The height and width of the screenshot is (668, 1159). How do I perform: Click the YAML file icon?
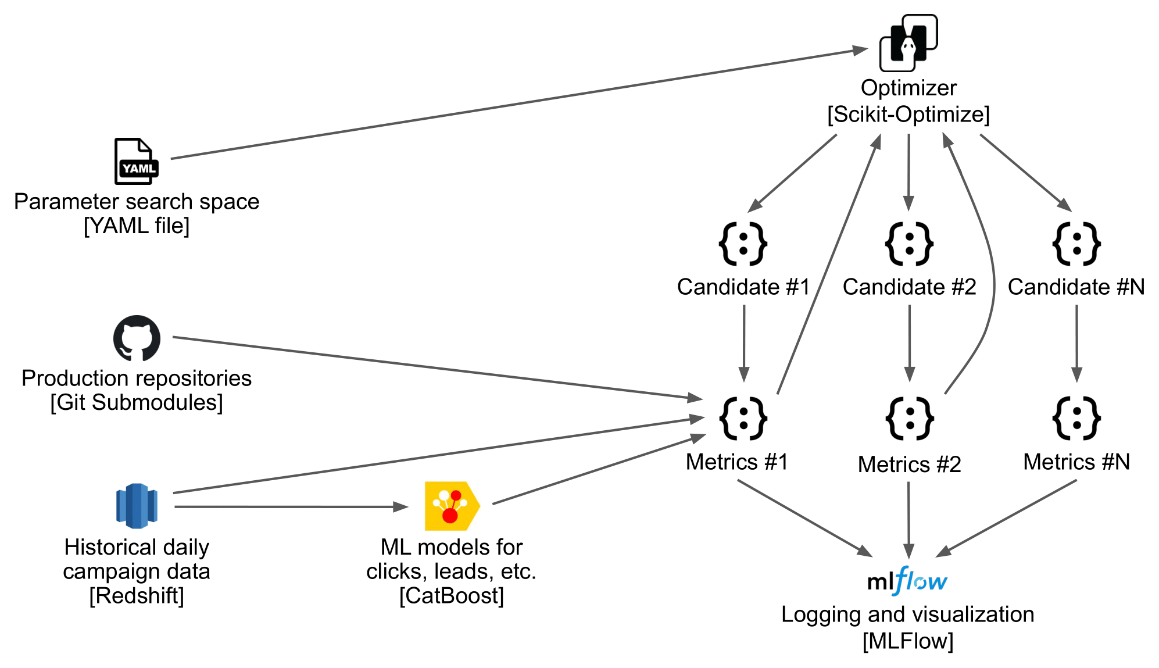[136, 161]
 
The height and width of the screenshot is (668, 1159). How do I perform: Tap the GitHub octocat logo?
[137, 338]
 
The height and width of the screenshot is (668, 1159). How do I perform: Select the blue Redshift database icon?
[137, 506]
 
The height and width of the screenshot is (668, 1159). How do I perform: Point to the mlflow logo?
[907, 581]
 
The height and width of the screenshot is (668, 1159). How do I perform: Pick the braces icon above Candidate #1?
[743, 244]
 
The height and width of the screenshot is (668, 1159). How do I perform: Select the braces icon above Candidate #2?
[909, 244]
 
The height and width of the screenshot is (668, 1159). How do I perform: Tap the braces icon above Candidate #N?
[1076, 244]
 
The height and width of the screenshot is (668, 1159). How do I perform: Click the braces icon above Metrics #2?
[910, 419]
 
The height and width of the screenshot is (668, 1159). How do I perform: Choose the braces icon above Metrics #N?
[1076, 419]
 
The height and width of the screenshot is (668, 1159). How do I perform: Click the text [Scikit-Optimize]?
[908, 115]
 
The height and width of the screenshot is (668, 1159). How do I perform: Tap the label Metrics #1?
[736, 462]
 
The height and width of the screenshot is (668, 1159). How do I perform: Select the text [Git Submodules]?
[137, 402]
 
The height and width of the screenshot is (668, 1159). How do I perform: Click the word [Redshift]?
[137, 596]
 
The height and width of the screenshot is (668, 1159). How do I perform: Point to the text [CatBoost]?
[452, 596]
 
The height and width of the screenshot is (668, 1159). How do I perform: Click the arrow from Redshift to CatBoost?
[291, 507]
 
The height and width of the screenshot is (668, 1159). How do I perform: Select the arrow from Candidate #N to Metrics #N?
[1076, 343]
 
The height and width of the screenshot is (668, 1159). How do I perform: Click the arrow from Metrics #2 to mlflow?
[908, 517]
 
